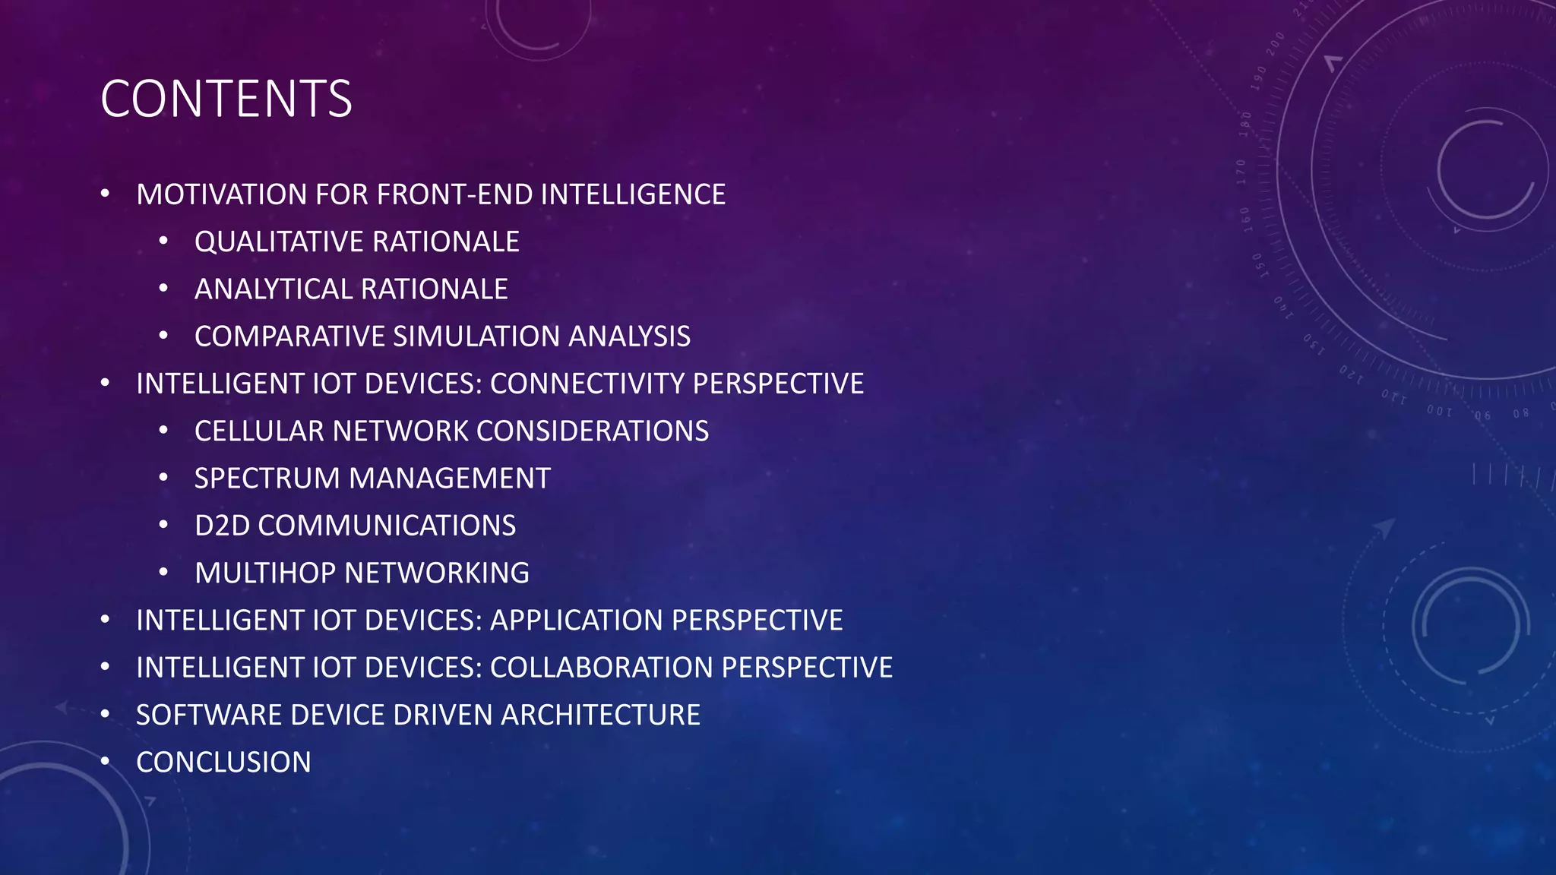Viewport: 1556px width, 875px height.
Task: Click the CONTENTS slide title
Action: (226, 100)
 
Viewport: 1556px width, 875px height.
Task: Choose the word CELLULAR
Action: (260, 431)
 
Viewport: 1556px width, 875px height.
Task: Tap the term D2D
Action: (222, 526)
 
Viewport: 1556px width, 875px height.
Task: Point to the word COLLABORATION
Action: (602, 668)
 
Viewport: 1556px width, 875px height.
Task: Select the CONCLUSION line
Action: (223, 763)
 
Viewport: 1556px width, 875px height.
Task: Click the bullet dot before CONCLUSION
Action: (106, 761)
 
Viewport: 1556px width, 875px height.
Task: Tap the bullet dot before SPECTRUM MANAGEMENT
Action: (163, 478)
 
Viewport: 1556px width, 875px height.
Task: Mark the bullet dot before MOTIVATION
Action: (106, 194)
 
